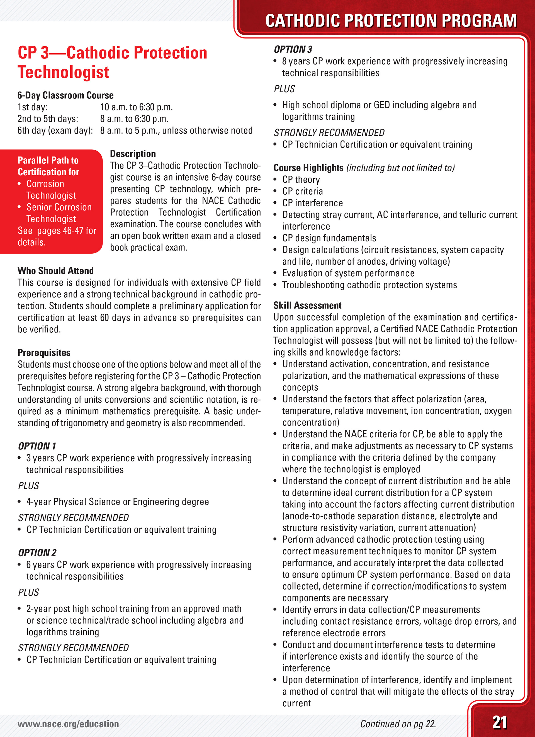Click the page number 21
tap(500, 723)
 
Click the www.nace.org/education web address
tap(68, 724)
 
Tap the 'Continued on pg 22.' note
tap(398, 724)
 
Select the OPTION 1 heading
tap(37, 446)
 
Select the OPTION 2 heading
tap(37, 553)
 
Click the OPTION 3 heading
tap(293, 49)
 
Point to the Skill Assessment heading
tap(307, 305)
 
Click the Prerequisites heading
tap(44, 352)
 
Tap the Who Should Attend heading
tap(55, 271)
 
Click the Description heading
tap(133, 154)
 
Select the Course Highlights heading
tap(308, 168)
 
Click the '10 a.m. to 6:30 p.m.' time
tap(136, 107)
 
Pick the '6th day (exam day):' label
tap(55, 130)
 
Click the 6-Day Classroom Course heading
tap(65, 95)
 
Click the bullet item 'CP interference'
tap(312, 203)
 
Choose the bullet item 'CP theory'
tap(301, 179)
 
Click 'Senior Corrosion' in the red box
tap(59, 207)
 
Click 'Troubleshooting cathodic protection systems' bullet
tap(369, 285)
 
